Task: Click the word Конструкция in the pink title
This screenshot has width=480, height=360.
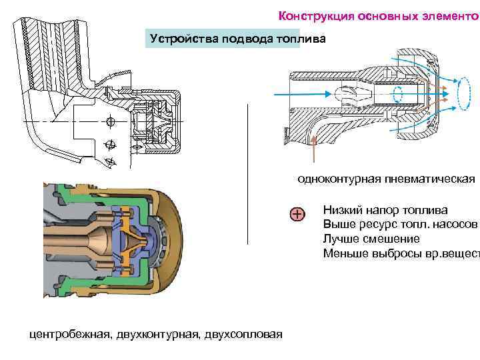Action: tap(309, 15)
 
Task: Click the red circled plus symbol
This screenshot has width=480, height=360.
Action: tap(297, 214)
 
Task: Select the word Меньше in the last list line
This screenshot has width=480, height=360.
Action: tap(344, 253)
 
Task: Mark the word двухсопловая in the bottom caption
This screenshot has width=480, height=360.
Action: tap(244, 333)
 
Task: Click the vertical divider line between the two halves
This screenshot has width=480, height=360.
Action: tap(248, 173)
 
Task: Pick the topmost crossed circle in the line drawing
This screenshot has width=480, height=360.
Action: tap(110, 121)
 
